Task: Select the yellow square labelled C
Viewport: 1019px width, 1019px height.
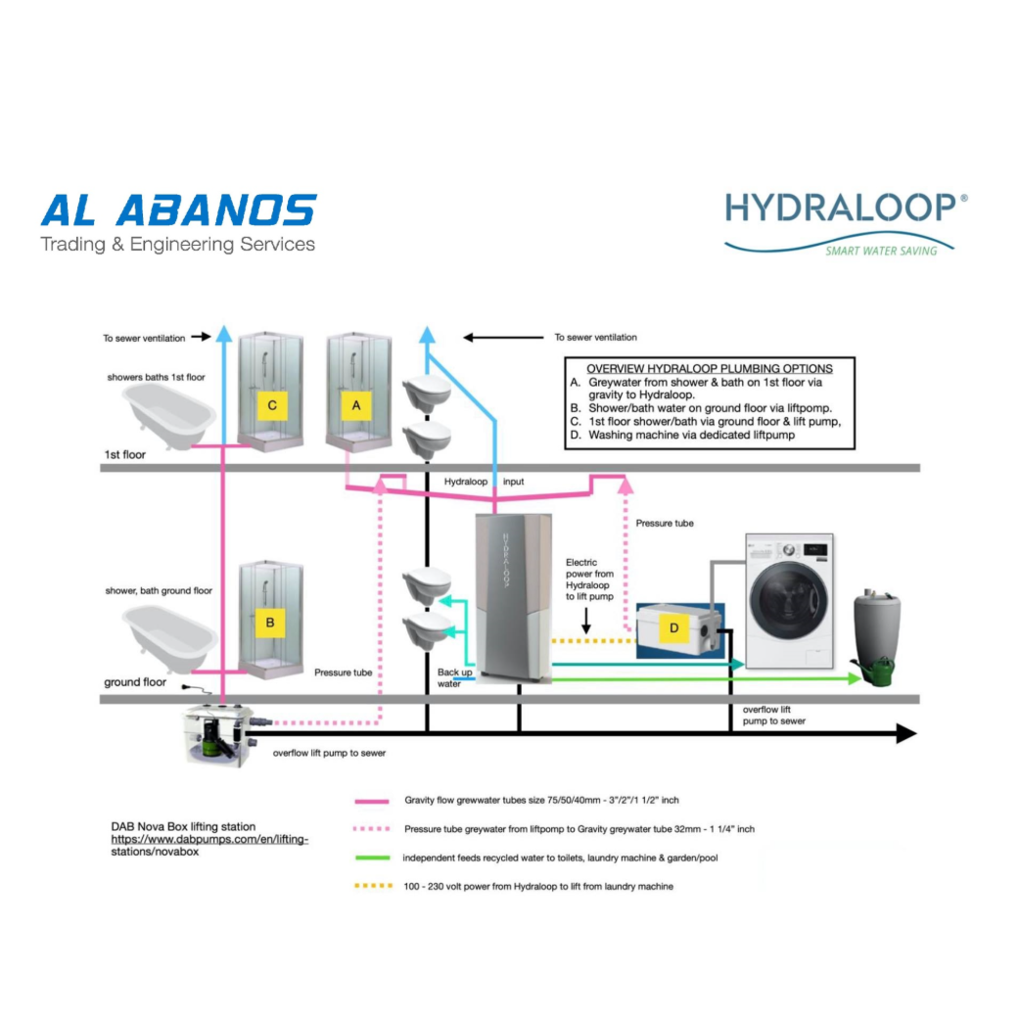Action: (271, 404)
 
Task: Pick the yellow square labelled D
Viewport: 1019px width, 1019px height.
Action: (672, 626)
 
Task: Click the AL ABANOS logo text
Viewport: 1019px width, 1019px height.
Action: (178, 210)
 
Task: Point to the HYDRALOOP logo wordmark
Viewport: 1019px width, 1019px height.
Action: (840, 209)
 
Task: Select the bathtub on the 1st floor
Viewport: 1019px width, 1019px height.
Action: (169, 413)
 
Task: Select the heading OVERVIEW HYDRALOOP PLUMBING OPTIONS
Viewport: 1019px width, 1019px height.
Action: (710, 368)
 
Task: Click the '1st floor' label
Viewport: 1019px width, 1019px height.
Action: (125, 455)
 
